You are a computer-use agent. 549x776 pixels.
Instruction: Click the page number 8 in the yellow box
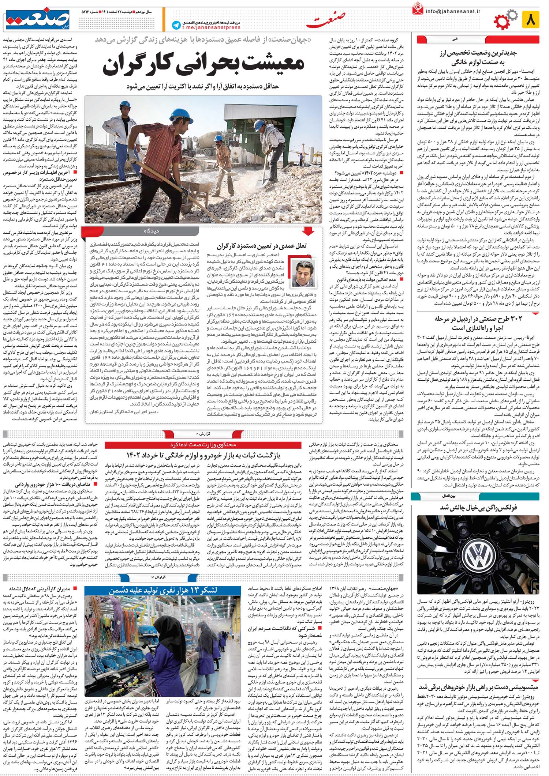coord(530,19)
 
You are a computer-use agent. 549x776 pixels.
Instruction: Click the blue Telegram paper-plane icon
coord(177,25)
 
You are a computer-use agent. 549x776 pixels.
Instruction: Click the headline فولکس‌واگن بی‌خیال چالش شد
coord(478,508)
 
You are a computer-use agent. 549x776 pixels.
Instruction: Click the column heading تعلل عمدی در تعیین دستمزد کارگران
coord(262,246)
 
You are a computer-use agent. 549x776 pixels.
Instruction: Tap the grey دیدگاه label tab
coord(152,231)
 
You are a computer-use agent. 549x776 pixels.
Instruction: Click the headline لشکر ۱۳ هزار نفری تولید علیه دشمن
coord(163,591)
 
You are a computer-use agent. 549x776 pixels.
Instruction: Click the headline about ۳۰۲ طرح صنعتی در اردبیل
coord(478,323)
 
